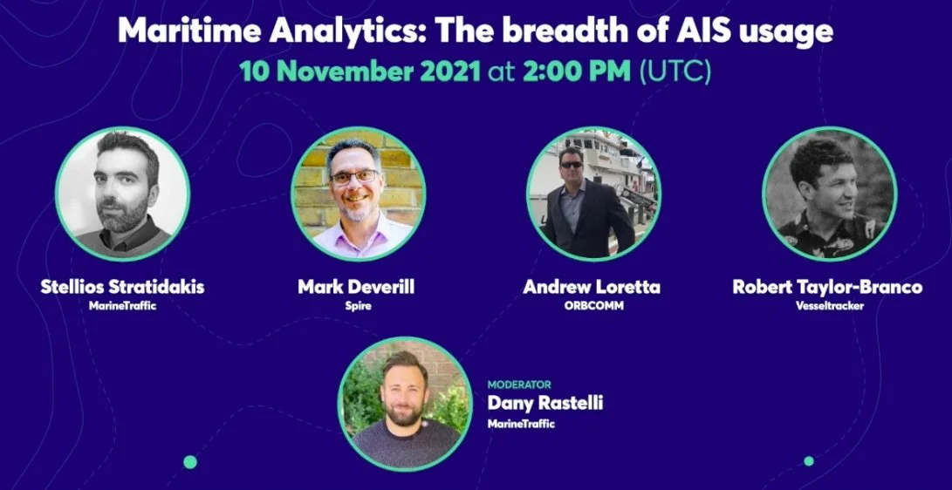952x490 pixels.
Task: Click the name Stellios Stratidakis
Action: click(122, 287)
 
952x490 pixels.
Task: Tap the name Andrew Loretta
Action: click(591, 287)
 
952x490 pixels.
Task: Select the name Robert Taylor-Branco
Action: click(827, 287)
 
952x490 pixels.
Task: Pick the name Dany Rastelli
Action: click(544, 404)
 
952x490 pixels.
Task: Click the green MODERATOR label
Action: click(518, 385)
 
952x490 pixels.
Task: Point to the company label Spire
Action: click(358, 306)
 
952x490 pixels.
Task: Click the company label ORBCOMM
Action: click(591, 306)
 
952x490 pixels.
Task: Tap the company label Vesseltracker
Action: click(827, 306)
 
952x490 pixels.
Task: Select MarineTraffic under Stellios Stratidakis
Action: click(122, 306)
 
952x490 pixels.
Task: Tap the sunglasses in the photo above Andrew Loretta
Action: click(571, 164)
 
